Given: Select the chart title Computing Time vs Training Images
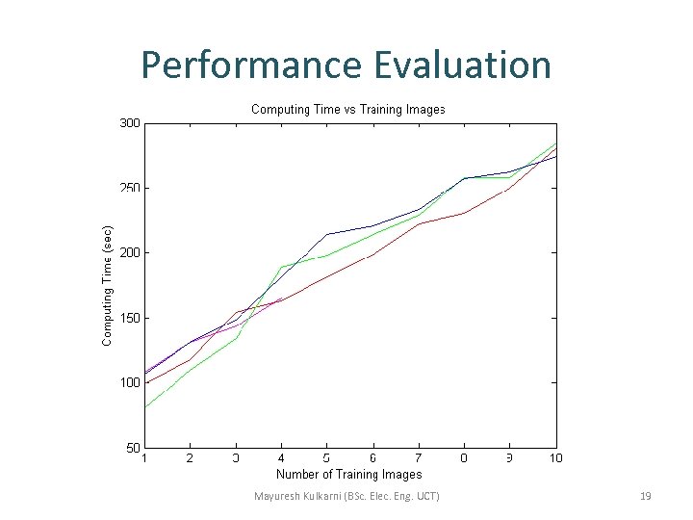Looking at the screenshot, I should pyautogui.click(x=347, y=110).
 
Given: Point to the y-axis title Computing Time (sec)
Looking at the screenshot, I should pyautogui.click(x=108, y=285).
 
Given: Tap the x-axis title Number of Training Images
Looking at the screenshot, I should pyautogui.click(x=348, y=474).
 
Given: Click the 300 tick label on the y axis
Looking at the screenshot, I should pyautogui.click(x=129, y=123).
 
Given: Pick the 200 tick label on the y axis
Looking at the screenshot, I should pyautogui.click(x=129, y=253).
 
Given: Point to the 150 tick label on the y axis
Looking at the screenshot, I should pyautogui.click(x=129, y=318).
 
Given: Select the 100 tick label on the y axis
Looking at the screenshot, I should pyautogui.click(x=129, y=382).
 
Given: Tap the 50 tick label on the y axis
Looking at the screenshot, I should pyautogui.click(x=133, y=447).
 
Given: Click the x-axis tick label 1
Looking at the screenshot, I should pyautogui.click(x=144, y=458).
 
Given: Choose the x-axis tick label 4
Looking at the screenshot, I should pyautogui.click(x=281, y=458).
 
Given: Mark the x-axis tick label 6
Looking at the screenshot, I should pyautogui.click(x=372, y=458).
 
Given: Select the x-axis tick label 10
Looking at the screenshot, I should pyautogui.click(x=555, y=458).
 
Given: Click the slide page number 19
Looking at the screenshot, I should pyautogui.click(x=646, y=497).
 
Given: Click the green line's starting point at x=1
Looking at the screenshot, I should pyautogui.click(x=144, y=407).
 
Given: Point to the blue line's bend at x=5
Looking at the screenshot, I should pyautogui.click(x=327, y=234).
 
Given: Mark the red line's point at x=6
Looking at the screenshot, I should pyautogui.click(x=372, y=254).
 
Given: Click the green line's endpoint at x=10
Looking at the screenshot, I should pyautogui.click(x=556, y=143).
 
